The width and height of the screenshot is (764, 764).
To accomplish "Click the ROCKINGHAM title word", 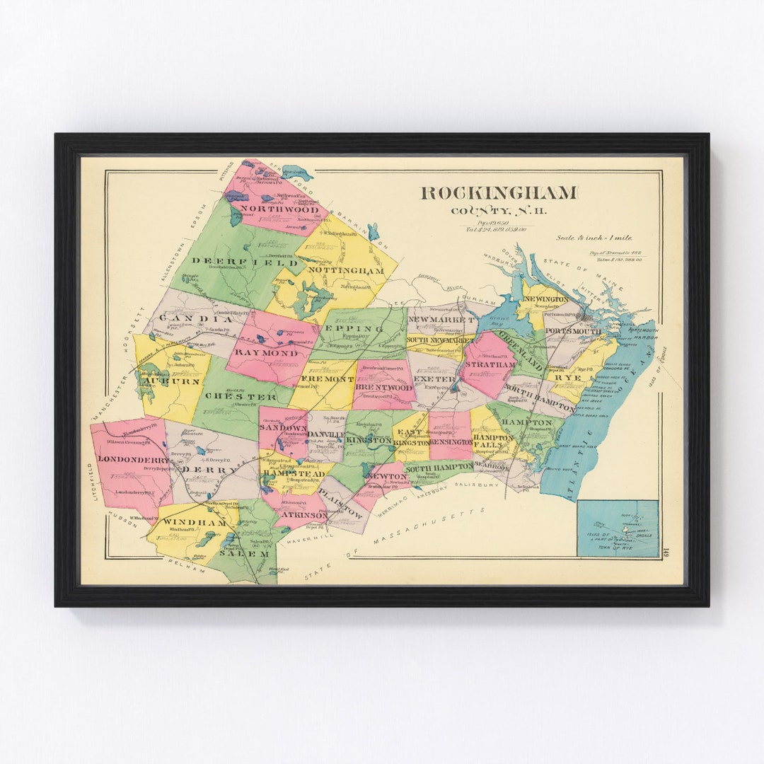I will pos(499,192).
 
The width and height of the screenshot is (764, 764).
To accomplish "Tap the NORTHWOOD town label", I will pos(278,209).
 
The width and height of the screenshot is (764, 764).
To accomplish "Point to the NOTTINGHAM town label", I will pos(347,270).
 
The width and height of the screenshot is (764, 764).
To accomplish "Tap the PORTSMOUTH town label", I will pos(572,331).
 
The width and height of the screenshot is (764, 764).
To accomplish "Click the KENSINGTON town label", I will pos(450,442).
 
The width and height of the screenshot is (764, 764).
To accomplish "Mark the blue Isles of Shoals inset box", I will pos(617,528).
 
